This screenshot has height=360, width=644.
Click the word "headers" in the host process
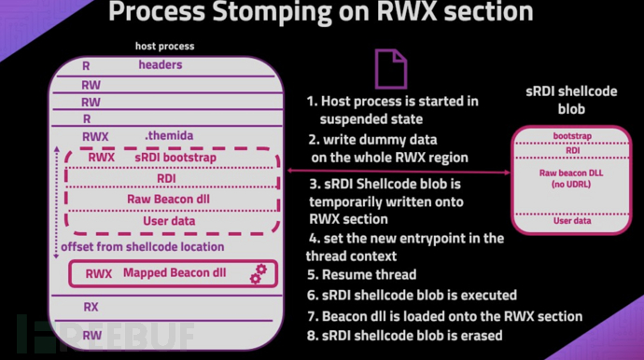[x=161, y=65]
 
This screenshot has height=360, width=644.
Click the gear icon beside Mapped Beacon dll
[x=259, y=273]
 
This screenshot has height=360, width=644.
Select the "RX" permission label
[x=91, y=306]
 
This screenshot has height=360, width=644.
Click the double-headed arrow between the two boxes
[x=397, y=172]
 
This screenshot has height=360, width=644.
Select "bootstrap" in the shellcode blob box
[x=571, y=136]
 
